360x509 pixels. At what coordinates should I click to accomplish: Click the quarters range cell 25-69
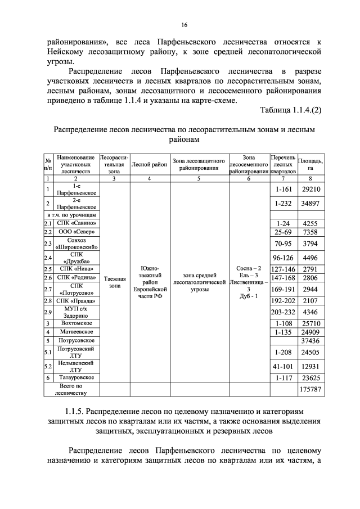[x=283, y=232]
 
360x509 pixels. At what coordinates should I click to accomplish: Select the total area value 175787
[x=311, y=389]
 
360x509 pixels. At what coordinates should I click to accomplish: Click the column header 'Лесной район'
[x=149, y=165]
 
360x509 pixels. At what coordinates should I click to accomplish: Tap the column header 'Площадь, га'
[x=311, y=165]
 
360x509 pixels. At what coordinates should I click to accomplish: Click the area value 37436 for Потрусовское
[x=311, y=340]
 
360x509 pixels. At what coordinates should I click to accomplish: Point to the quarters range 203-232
[x=283, y=311]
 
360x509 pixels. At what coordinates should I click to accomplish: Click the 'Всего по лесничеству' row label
[x=71, y=389]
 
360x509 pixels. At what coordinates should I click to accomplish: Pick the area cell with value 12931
[x=311, y=366]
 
